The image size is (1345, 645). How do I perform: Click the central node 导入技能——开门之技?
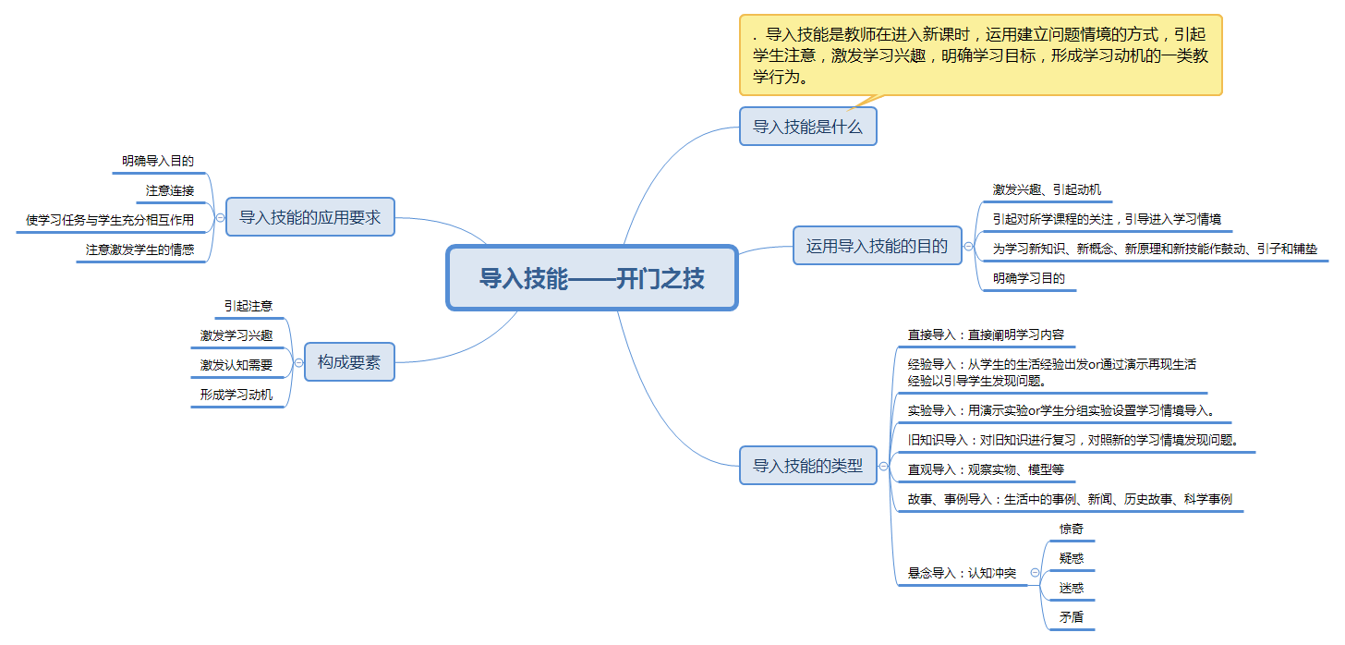tap(591, 277)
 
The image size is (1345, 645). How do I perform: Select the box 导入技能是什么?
tap(807, 127)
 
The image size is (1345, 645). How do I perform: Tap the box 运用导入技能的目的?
tap(877, 246)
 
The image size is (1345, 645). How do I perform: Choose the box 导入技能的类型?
tap(807, 466)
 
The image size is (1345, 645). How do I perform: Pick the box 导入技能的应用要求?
tap(309, 217)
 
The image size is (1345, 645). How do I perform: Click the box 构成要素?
tap(349, 361)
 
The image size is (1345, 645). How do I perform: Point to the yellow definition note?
tap(980, 55)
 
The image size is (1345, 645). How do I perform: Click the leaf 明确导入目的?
tap(158, 161)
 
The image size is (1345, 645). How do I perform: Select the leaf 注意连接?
tap(170, 190)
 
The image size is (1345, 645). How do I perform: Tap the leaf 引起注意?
tap(248, 305)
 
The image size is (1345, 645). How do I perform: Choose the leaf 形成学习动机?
tap(236, 395)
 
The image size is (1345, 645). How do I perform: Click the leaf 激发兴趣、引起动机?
tap(1047, 189)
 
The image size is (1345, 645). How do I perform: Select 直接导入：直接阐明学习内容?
tap(986, 335)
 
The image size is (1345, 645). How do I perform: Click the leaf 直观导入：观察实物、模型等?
tap(986, 469)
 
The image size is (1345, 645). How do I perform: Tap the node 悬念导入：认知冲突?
tap(962, 573)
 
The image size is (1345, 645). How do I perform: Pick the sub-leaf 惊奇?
tap(1072, 529)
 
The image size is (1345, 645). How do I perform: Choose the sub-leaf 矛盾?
tap(1072, 617)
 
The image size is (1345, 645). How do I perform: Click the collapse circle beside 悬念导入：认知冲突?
tap(1035, 573)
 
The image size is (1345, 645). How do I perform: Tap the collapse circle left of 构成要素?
tap(297, 362)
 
